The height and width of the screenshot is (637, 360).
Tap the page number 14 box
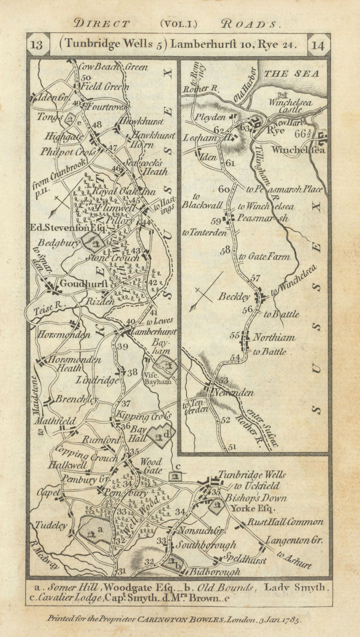pos(319,45)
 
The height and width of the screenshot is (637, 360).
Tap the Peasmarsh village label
pos(262,218)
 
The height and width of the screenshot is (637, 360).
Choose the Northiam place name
pos(274,338)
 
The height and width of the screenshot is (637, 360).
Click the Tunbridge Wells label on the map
pos(252,475)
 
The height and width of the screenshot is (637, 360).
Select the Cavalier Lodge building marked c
pos(174,476)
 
